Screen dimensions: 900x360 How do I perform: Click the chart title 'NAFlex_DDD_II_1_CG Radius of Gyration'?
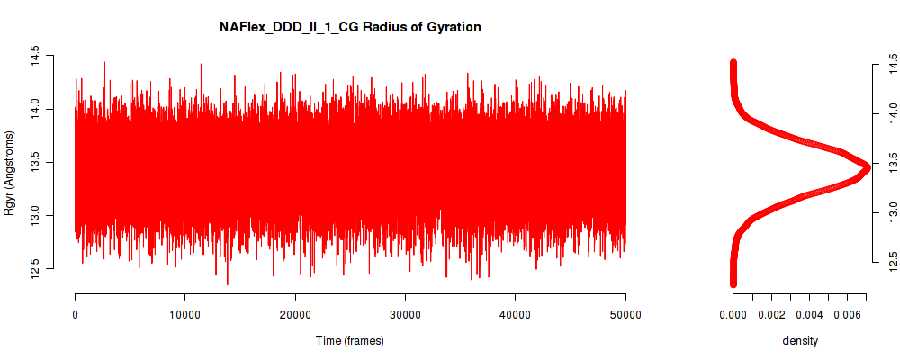coord(350,27)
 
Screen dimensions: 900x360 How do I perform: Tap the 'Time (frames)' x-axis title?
coord(350,340)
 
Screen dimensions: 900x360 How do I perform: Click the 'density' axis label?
coord(800,341)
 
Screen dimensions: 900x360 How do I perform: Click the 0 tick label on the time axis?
coord(76,314)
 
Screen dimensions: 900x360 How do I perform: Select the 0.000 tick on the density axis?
coord(733,315)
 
